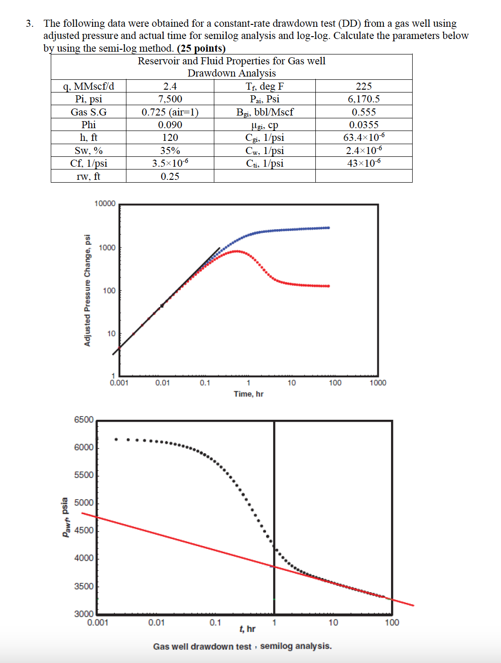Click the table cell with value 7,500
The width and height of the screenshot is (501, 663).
click(170, 99)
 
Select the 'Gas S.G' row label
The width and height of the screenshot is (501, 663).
click(88, 112)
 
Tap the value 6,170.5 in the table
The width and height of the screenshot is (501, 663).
click(363, 99)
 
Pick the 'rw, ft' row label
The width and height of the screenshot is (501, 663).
click(88, 177)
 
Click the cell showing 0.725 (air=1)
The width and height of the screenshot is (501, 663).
click(170, 112)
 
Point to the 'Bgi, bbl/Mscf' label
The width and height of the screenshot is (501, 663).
click(265, 112)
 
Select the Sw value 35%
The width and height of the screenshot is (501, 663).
click(170, 151)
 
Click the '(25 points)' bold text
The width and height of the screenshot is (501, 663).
click(201, 48)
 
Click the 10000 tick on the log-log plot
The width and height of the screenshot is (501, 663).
click(105, 203)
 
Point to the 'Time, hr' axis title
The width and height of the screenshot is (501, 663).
click(249, 394)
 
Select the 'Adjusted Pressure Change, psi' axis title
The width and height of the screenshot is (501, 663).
click(87, 290)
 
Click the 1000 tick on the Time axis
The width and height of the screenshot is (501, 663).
click(378, 383)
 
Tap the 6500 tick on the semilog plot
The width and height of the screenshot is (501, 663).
click(84, 420)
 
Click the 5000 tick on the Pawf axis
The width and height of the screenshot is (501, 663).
click(84, 503)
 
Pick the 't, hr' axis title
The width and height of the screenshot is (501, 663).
click(247, 629)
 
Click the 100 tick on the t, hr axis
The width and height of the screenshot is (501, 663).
click(392, 623)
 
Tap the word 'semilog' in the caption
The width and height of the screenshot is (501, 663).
click(276, 646)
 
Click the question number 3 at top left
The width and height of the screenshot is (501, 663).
click(29, 23)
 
